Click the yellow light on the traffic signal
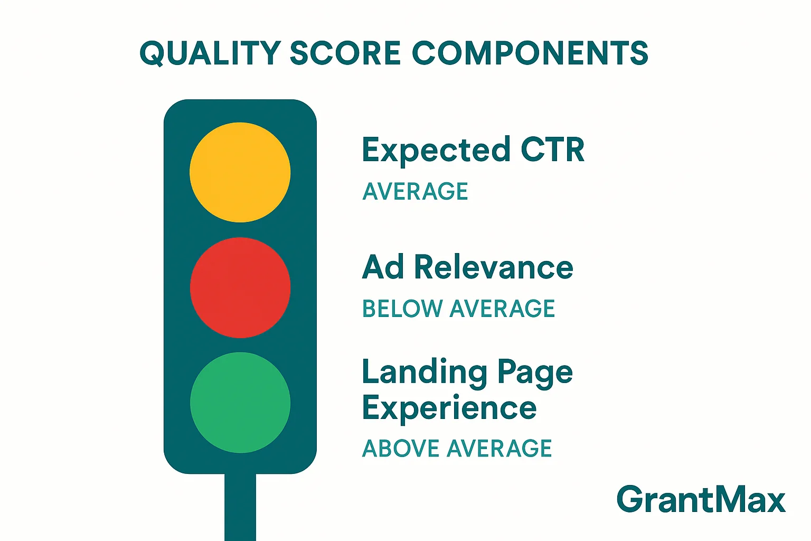[240, 172]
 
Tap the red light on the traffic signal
[240, 287]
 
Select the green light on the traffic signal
[240, 403]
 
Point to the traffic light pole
[240, 507]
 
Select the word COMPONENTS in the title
[530, 53]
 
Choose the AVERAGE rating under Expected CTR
[415, 191]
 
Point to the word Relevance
[494, 267]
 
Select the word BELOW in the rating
[402, 309]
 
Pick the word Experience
[449, 409]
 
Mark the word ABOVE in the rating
[400, 449]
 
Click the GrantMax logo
[701, 499]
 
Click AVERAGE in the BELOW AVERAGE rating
[502, 309]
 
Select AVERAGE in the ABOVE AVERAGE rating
[499, 449]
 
